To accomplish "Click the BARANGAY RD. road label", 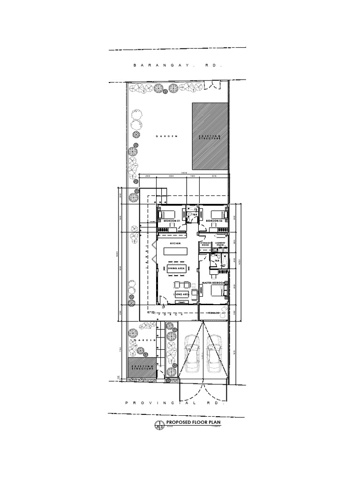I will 177,67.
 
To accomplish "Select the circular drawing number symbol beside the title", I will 158,425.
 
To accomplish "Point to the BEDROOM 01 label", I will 172,220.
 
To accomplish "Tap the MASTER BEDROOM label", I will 214,283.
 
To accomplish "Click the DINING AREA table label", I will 176,268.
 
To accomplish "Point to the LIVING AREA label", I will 181,293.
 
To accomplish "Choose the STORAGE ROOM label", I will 205,244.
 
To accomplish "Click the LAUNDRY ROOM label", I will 220,244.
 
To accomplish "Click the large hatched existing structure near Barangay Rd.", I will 210,136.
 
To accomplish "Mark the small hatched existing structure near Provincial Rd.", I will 142,367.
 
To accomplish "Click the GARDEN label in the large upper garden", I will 167,136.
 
